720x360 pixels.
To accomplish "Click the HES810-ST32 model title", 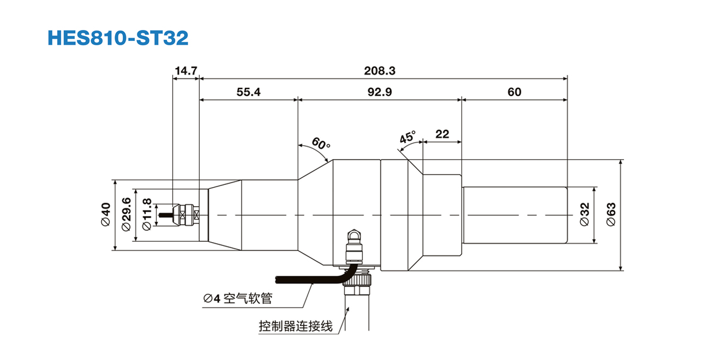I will tap(118, 38).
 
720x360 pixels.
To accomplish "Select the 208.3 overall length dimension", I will tap(380, 70).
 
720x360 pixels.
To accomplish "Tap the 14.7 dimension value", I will tap(185, 70).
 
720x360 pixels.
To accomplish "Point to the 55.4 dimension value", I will tap(248, 92).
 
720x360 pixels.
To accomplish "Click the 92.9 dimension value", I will tap(380, 92).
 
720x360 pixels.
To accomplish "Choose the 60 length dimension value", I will tap(514, 92).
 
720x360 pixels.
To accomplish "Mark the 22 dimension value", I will tap(442, 134).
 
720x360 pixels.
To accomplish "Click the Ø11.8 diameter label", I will tap(146, 215).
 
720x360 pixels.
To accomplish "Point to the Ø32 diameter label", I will tap(585, 215).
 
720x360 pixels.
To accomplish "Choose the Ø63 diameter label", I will tap(611, 215).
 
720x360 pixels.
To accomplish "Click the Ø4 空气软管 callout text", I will tap(237, 298).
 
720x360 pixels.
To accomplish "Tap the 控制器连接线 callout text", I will tap(296, 327).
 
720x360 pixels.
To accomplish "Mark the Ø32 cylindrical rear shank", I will tap(514, 215).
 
